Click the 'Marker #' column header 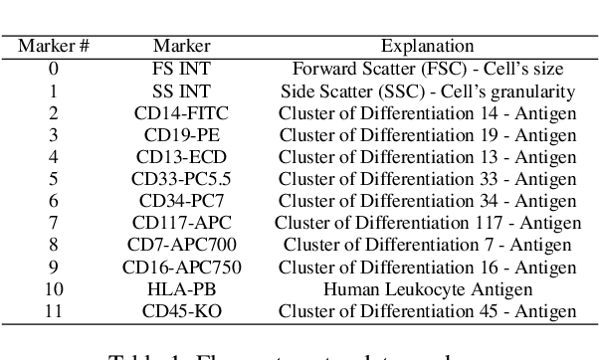[x=55, y=46]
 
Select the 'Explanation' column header [x=427, y=46]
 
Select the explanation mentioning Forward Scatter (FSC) [x=427, y=69]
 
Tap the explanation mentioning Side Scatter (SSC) [x=427, y=90]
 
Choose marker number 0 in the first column [x=55, y=69]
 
